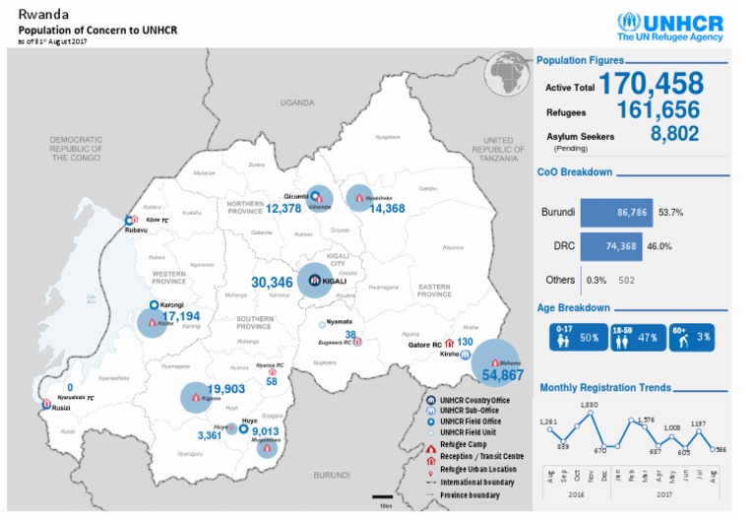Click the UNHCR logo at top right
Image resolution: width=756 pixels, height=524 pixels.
pos(669,27)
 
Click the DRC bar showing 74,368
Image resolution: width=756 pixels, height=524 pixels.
pos(606,246)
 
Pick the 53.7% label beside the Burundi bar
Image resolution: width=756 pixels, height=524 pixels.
pos(670,212)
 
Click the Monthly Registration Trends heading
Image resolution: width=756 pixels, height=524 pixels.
pos(604,387)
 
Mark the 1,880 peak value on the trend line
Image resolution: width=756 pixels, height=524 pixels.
pos(590,405)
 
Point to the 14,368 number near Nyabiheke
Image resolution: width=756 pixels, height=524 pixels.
pos(387,208)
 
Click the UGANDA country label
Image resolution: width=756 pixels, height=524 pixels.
pos(295,102)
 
